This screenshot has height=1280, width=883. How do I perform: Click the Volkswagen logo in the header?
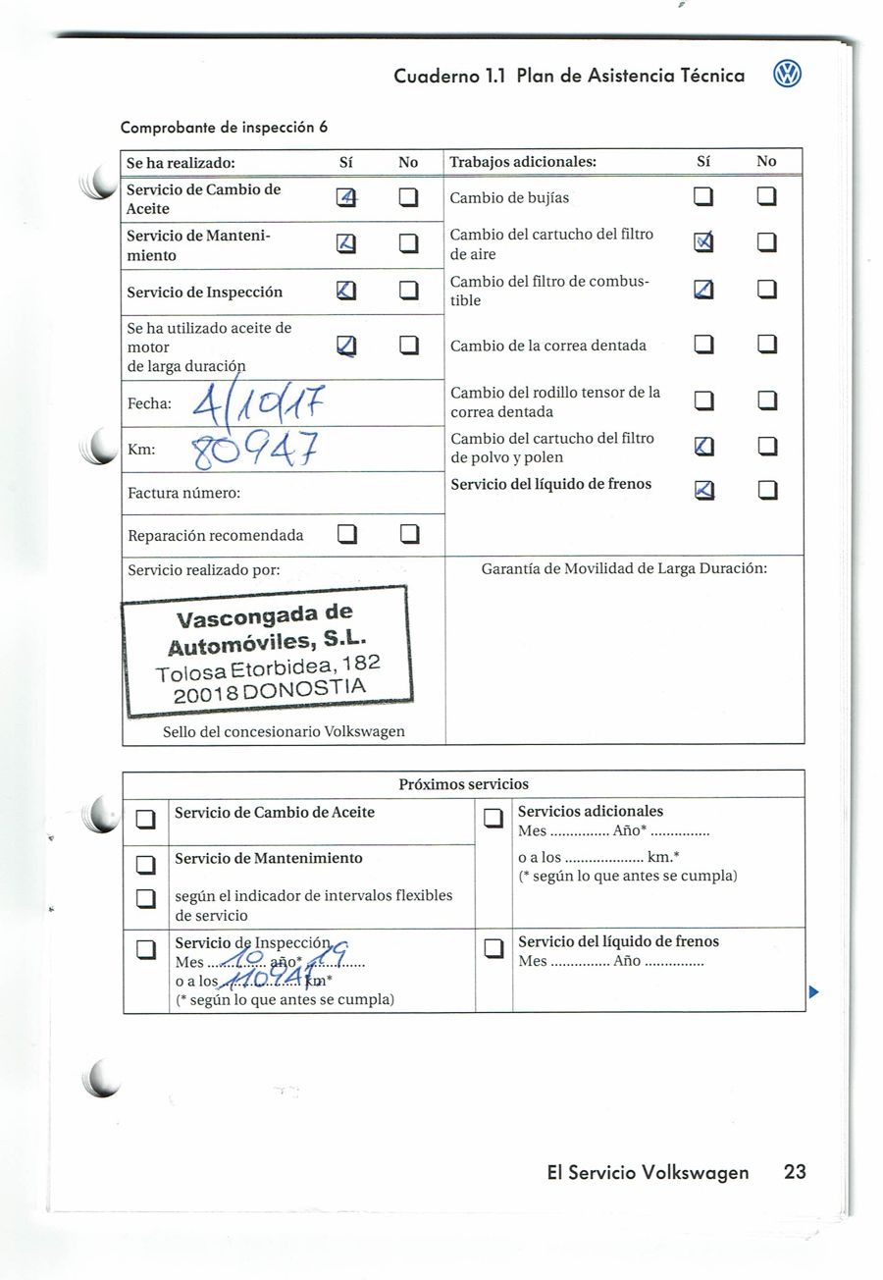tap(787, 75)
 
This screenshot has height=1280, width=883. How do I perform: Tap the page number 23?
tap(795, 1171)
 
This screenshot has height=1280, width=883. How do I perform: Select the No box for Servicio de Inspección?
tap(408, 292)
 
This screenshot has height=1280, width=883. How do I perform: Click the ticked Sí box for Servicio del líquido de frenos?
tap(703, 489)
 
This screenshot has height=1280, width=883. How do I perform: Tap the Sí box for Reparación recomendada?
tap(345, 535)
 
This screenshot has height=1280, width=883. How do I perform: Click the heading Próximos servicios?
tap(463, 784)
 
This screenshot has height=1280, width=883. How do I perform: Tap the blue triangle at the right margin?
tap(813, 992)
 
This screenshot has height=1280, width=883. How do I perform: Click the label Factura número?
tap(184, 492)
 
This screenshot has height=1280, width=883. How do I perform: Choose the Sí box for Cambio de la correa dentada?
tap(703, 346)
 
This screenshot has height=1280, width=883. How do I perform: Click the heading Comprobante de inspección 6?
tap(224, 128)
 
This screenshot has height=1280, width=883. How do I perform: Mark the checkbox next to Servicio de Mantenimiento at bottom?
tap(146, 864)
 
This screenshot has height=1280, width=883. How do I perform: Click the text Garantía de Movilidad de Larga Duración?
tap(624, 568)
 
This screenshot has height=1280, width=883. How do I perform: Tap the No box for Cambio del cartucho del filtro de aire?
tap(766, 243)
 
